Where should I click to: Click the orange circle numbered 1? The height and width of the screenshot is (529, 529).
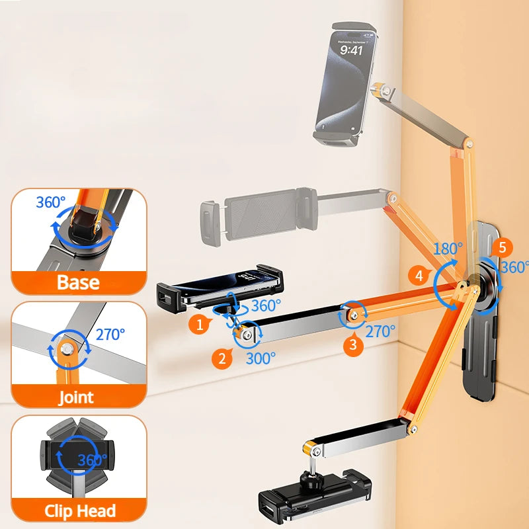[x=200, y=325]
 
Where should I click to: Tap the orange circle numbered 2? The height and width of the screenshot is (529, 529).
[x=222, y=358]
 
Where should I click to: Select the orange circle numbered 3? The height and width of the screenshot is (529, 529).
[x=353, y=345]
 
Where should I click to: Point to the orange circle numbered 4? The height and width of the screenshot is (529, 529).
[x=419, y=276]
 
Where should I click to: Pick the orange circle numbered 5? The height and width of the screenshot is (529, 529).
[x=502, y=247]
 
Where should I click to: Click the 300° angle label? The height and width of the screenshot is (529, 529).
[x=261, y=358]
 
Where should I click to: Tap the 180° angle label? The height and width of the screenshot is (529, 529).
[x=448, y=249]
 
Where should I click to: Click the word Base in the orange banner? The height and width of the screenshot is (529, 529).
[x=78, y=282]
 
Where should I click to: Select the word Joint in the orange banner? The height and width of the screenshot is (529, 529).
[x=76, y=397]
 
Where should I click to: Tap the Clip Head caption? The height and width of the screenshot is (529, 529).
[x=80, y=510]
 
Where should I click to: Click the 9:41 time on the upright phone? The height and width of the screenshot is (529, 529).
[x=351, y=51]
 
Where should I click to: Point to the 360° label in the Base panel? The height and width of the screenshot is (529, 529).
[x=51, y=202]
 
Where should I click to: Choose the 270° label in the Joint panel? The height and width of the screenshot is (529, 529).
[x=110, y=335]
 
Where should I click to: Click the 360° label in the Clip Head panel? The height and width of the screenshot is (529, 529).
[x=92, y=460]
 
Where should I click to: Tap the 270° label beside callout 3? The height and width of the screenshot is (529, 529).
[x=380, y=332]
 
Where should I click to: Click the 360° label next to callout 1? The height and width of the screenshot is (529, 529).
[x=266, y=306]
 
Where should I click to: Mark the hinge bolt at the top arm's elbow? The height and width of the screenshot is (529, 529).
[x=469, y=144]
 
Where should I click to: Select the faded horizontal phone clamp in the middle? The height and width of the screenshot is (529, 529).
[x=259, y=217]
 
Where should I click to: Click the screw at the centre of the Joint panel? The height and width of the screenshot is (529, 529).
[x=67, y=348]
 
